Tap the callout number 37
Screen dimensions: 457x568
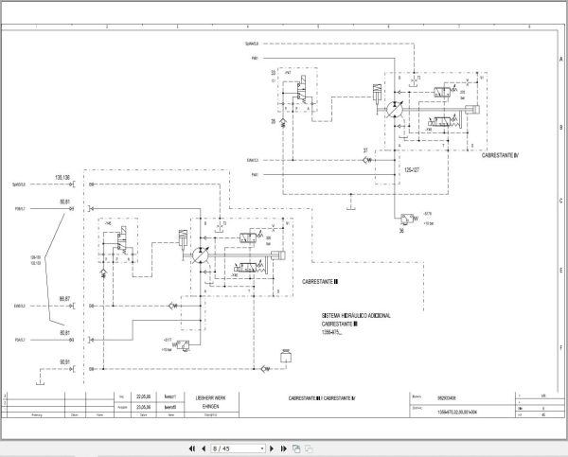point(365,150)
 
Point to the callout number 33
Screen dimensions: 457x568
point(274,71)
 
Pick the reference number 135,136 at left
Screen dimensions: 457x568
point(65,178)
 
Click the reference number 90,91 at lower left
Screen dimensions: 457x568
point(65,361)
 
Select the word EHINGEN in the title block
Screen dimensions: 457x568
point(199,405)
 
